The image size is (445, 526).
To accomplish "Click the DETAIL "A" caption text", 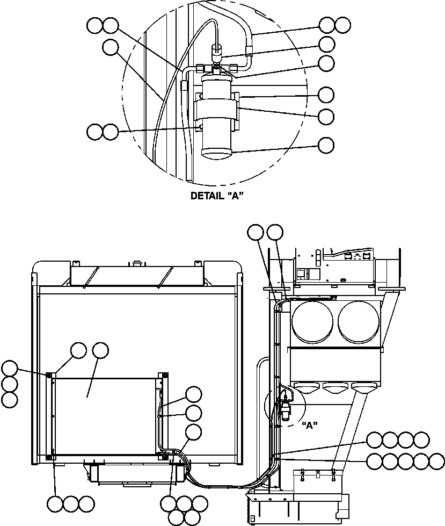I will tap(217, 196).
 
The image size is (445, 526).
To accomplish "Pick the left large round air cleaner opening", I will tap(312, 322).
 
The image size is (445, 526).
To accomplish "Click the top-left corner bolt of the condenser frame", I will tap(49, 374).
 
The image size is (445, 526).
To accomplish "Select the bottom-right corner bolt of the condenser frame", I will tap(165, 457).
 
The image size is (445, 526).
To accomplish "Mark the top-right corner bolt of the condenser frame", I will tap(165, 374).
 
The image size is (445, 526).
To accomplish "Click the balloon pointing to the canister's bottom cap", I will tap(326, 145).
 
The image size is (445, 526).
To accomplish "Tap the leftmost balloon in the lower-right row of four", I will tap(374, 440).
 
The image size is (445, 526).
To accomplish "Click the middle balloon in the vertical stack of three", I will tap(9, 384).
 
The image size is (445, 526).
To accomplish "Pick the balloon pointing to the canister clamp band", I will tap(326, 116).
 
